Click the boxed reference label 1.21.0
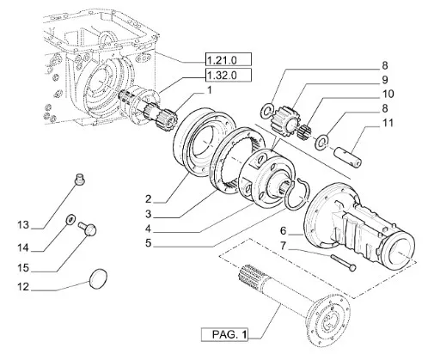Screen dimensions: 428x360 click(229, 59)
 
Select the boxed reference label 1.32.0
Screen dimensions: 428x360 click(229, 75)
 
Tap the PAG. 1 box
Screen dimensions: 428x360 click(224, 334)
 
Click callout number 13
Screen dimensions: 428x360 click(23, 225)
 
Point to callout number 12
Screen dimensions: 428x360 click(23, 286)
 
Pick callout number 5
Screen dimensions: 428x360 click(148, 243)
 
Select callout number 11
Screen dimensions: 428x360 click(388, 123)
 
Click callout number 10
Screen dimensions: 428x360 click(388, 94)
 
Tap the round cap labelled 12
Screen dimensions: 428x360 click(98, 278)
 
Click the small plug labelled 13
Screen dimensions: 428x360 click(79, 180)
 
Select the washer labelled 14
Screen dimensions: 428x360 click(70, 219)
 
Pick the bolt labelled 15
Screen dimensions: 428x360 click(88, 229)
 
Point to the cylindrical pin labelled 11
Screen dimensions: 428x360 click(348, 157)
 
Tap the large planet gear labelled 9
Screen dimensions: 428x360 click(284, 119)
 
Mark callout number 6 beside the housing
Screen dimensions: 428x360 click(283, 230)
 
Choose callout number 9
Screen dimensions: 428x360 click(385, 79)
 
